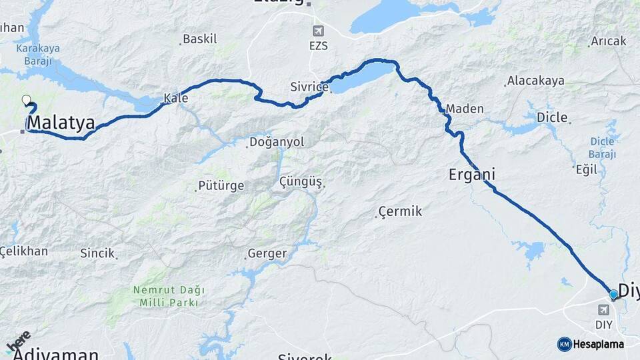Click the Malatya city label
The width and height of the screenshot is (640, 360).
click(x=61, y=123)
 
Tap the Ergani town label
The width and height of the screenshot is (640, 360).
click(x=472, y=175)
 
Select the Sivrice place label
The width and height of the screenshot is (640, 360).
click(x=309, y=87)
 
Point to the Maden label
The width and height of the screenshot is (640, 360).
click(x=465, y=109)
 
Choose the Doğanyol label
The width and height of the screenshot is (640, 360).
click(x=276, y=142)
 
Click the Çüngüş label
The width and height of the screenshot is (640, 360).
click(x=301, y=182)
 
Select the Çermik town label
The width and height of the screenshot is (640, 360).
click(x=400, y=211)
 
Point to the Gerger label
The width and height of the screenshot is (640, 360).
click(x=267, y=253)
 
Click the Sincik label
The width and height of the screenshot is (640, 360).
click(x=97, y=253)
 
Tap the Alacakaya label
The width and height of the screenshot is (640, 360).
click(x=535, y=81)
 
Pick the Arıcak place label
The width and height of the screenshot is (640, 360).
click(x=609, y=41)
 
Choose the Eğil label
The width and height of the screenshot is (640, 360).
click(x=586, y=169)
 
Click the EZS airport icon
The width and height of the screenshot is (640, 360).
click(x=319, y=31)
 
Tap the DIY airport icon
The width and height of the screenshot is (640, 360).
click(x=604, y=310)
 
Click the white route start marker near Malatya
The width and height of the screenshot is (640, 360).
click(x=27, y=101)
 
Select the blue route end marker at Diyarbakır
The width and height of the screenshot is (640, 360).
click(x=613, y=293)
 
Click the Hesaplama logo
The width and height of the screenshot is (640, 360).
click(x=591, y=344)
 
